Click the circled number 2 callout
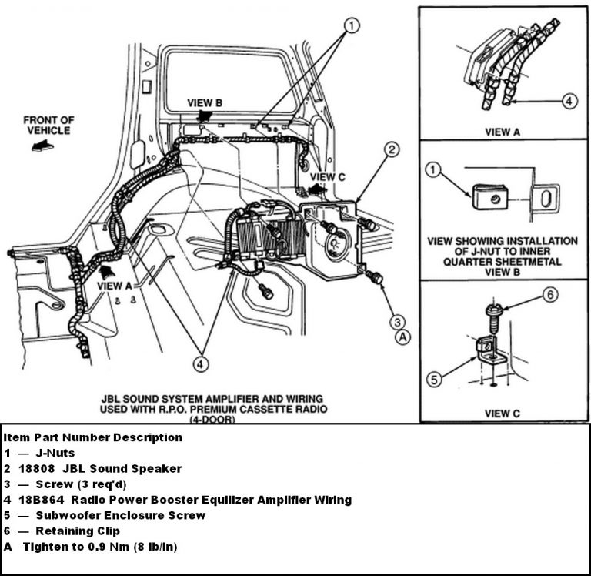[x=392, y=150]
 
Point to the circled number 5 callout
[x=435, y=378]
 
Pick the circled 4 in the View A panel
[x=569, y=101]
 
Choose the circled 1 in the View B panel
[x=435, y=170]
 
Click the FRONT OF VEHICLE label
[x=48, y=125]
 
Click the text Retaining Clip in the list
[x=81, y=531]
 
